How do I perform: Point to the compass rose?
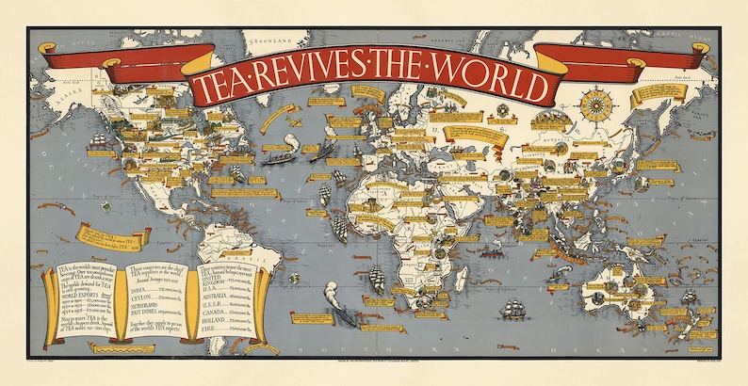(594, 104)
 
